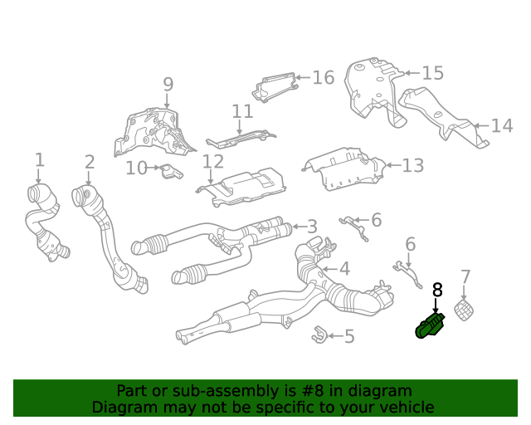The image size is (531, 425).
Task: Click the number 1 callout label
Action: click(39, 159)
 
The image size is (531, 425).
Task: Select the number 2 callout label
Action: click(89, 163)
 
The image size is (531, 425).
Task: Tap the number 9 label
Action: click(168, 85)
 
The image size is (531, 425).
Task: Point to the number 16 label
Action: click(323, 78)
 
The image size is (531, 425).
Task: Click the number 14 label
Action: click(502, 126)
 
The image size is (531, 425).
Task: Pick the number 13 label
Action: click(412, 166)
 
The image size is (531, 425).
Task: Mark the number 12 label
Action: click(213, 161)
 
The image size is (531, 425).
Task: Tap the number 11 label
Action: click(242, 111)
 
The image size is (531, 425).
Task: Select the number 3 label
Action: click(311, 227)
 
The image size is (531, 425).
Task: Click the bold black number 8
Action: click(437, 290)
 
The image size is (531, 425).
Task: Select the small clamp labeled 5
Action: click(317, 335)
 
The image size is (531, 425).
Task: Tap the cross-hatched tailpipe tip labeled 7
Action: click(466, 312)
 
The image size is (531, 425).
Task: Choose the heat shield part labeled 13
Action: click(342, 169)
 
